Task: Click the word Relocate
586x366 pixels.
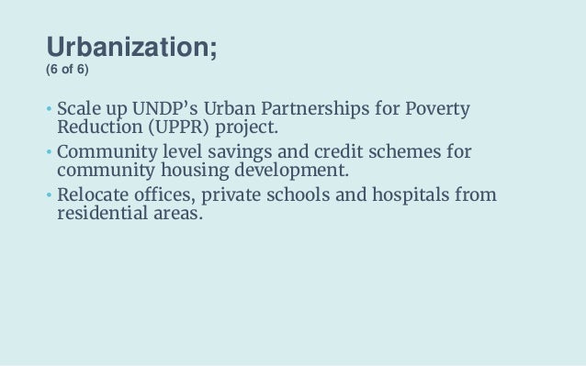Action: coord(92,194)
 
